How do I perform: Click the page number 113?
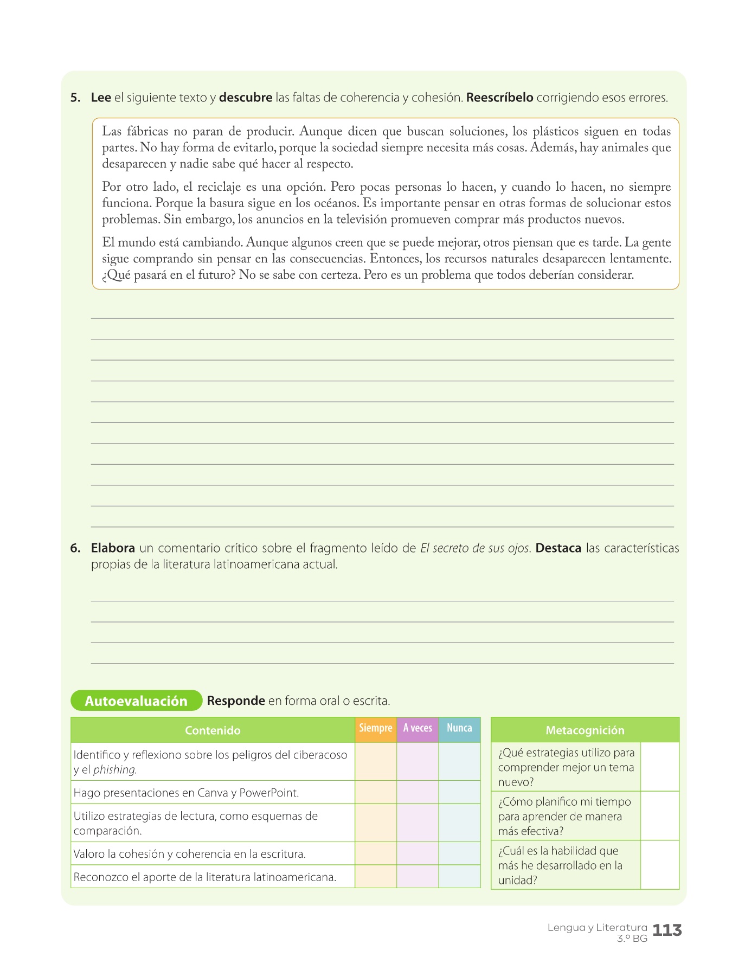[x=667, y=930]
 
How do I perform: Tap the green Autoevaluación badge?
[x=136, y=701]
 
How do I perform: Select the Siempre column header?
[x=375, y=729]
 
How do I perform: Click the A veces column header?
[x=418, y=729]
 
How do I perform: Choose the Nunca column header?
[x=459, y=729]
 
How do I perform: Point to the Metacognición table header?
[x=585, y=730]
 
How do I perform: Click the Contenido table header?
[x=213, y=730]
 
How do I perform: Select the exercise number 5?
[x=75, y=98]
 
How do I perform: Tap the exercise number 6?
[x=75, y=548]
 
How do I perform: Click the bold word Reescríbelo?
[x=499, y=98]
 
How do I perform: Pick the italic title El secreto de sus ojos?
[x=475, y=548]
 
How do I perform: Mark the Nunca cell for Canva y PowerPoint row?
[x=459, y=792]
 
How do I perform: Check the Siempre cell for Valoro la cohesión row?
[x=375, y=853]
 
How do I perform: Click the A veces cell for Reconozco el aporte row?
[x=418, y=876]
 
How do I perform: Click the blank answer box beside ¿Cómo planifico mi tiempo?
[x=659, y=816]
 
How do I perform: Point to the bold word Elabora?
[x=113, y=548]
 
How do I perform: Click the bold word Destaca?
[x=558, y=548]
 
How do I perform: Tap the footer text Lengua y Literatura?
[x=597, y=927]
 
